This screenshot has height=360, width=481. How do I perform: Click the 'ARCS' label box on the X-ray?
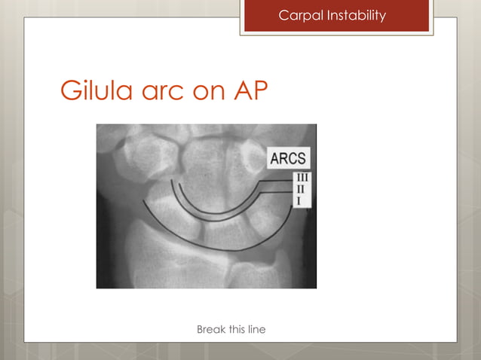click(287, 160)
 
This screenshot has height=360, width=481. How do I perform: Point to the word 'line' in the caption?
click(257, 330)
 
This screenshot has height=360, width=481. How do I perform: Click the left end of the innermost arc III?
click(172, 181)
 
